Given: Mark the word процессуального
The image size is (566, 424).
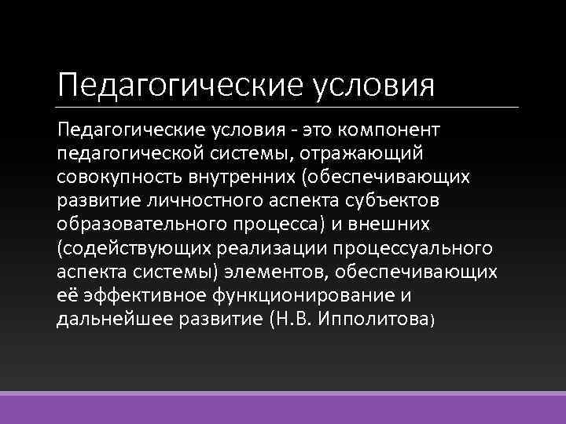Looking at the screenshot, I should coord(417,248).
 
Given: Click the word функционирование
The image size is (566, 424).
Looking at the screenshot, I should coord(303,296).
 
